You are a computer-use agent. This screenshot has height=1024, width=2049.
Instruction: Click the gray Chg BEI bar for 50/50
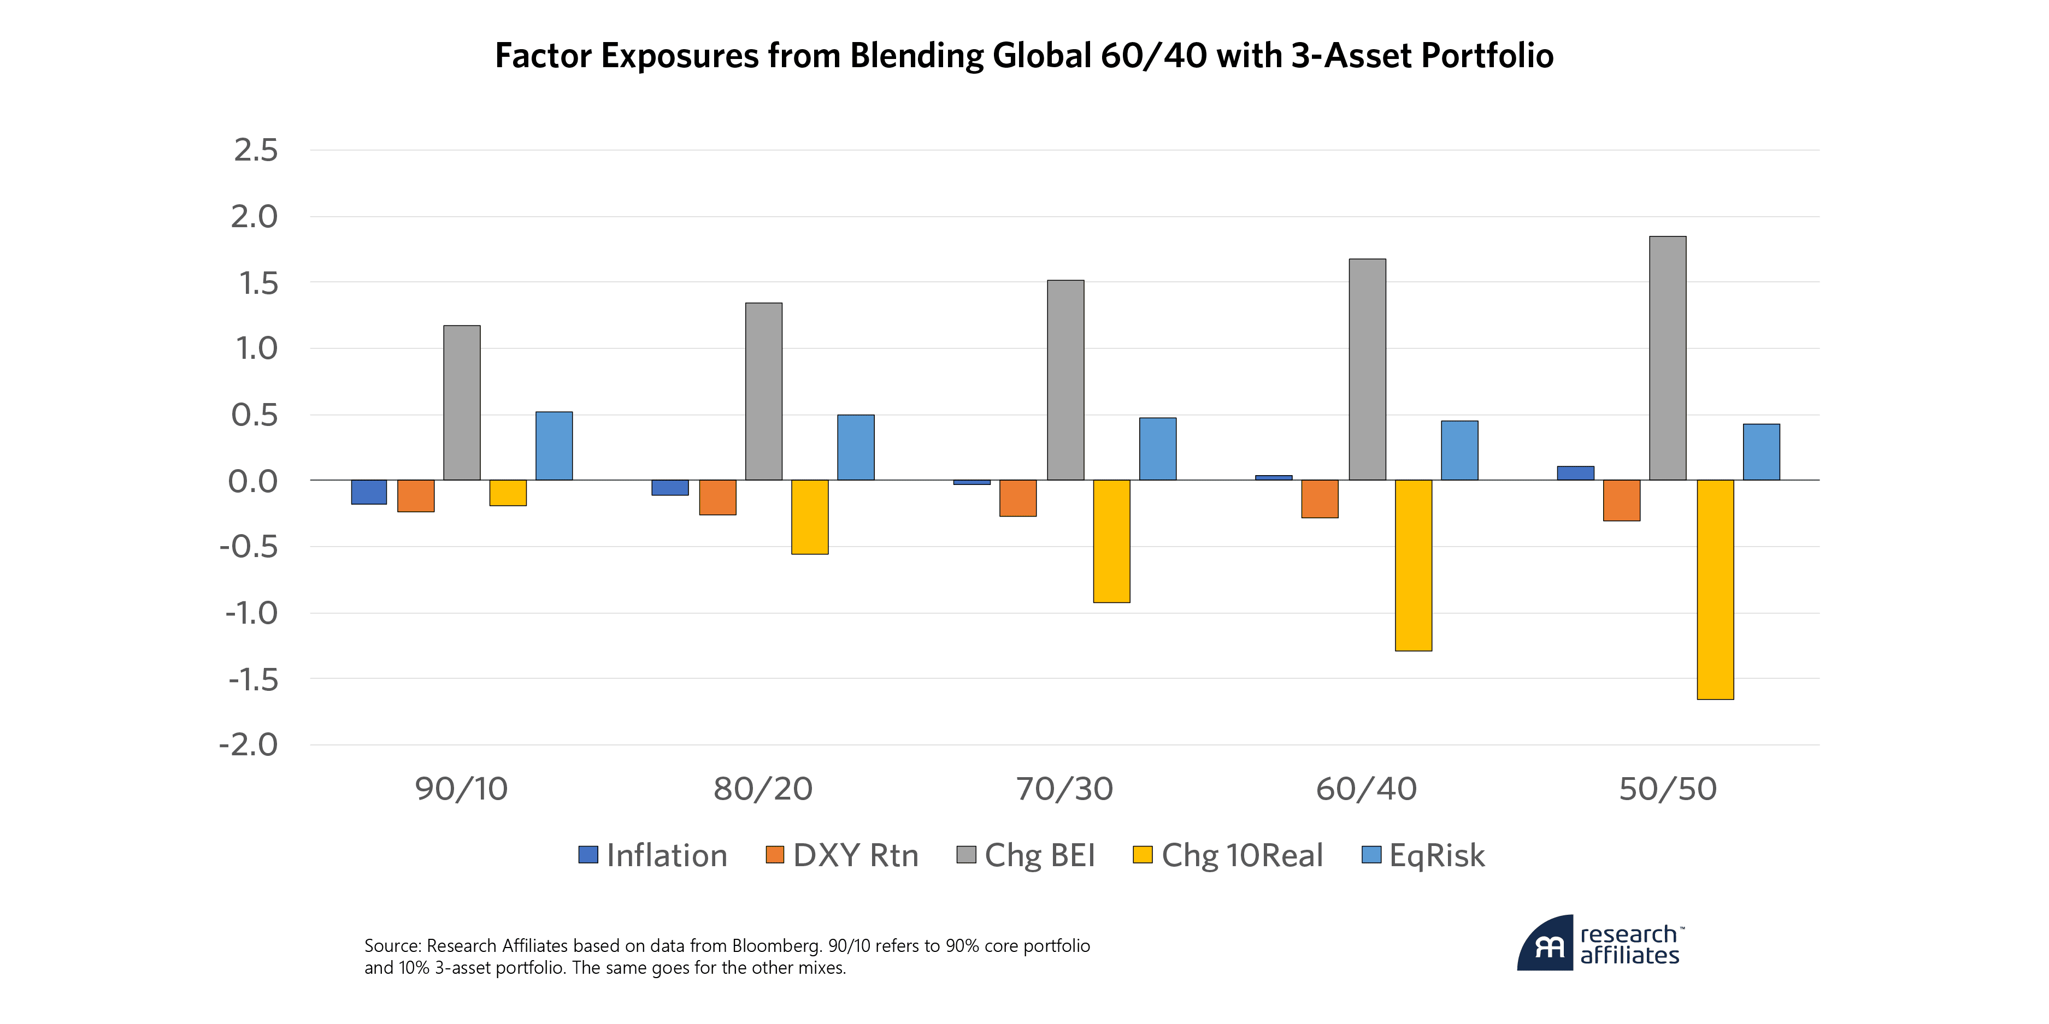pos(1667,358)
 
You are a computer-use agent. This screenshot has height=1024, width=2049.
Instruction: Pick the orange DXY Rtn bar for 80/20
pos(717,498)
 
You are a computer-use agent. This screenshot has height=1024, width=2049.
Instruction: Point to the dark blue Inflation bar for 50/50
pos(1575,473)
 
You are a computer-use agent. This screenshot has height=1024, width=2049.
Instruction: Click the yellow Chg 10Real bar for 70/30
pos(1111,541)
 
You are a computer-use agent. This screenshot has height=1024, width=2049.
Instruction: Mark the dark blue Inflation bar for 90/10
pos(369,492)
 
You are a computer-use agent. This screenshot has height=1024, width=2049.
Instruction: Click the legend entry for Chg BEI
pos(1026,855)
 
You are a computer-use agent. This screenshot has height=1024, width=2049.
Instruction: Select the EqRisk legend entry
pos(1424,855)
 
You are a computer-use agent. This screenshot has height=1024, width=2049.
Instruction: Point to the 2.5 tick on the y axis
pos(255,150)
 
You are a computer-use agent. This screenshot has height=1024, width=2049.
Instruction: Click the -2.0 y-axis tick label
pos(249,745)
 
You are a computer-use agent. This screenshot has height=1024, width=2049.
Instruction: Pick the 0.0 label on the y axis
pos(253,481)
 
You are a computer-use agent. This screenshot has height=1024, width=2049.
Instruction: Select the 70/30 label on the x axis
pos(1064,789)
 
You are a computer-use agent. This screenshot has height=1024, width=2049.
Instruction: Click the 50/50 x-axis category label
pos(1668,789)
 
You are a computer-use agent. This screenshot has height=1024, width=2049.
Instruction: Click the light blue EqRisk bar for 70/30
pos(1157,449)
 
